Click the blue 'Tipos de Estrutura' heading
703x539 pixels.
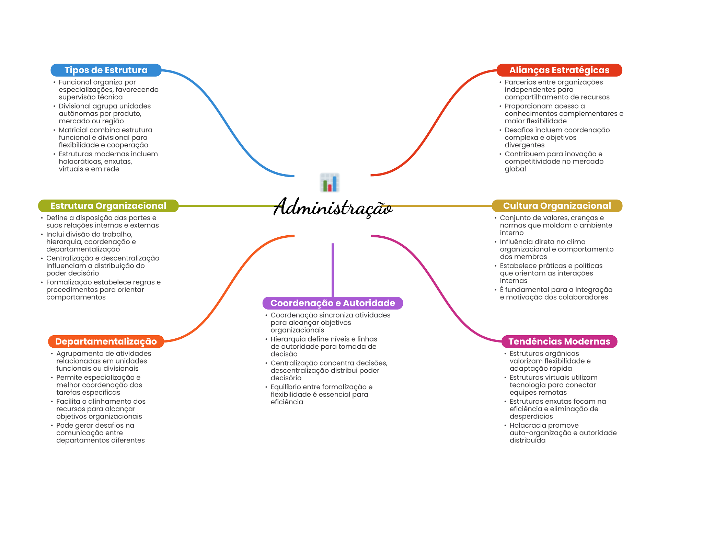106,70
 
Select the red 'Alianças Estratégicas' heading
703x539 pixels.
559,70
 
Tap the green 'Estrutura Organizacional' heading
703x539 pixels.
108,206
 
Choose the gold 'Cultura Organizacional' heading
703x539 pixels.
557,206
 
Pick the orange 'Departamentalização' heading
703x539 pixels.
106,341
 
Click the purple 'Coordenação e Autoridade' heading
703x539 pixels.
333,303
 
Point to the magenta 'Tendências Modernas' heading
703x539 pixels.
559,341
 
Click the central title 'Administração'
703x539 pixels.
333,207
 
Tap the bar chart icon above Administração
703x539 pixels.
330,182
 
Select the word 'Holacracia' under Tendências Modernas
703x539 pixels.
527,426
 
